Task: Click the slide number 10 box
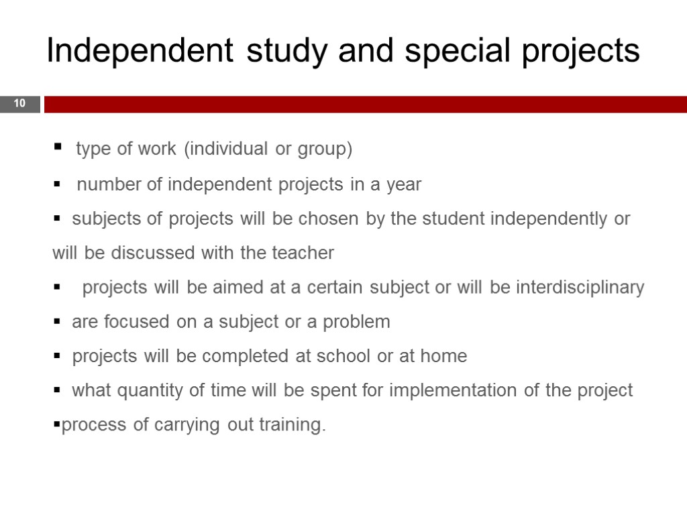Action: (19, 104)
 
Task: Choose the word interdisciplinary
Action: (580, 288)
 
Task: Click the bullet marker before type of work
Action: (57, 147)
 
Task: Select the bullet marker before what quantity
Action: (57, 390)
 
